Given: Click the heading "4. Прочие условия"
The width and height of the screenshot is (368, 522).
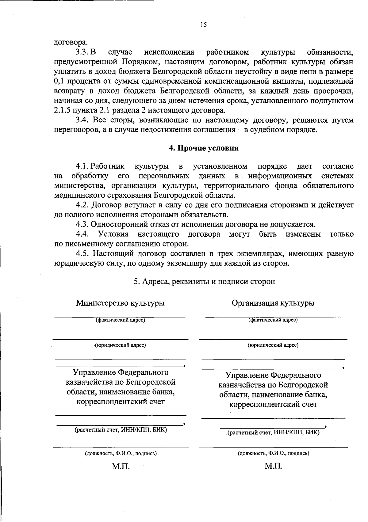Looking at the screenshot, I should tap(204, 148).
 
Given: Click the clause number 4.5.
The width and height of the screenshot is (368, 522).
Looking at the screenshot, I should tap(82, 253).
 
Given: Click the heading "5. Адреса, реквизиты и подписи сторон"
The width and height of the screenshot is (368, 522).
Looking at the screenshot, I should tap(204, 281).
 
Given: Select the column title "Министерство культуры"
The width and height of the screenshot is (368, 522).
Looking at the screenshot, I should tap(120, 303).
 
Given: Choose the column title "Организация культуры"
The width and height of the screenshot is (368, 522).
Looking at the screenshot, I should tap(273, 303).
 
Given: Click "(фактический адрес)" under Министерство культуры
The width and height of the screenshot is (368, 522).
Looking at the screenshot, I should tap(120, 320).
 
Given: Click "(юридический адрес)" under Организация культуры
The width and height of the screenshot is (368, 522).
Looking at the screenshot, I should tap(273, 345).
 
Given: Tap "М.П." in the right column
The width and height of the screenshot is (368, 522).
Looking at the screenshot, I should tap(274, 466).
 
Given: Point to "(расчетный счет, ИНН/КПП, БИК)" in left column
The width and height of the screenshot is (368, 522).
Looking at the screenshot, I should tap(121, 430).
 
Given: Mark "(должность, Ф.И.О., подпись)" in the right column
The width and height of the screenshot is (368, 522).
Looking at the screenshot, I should tap(273, 453).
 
